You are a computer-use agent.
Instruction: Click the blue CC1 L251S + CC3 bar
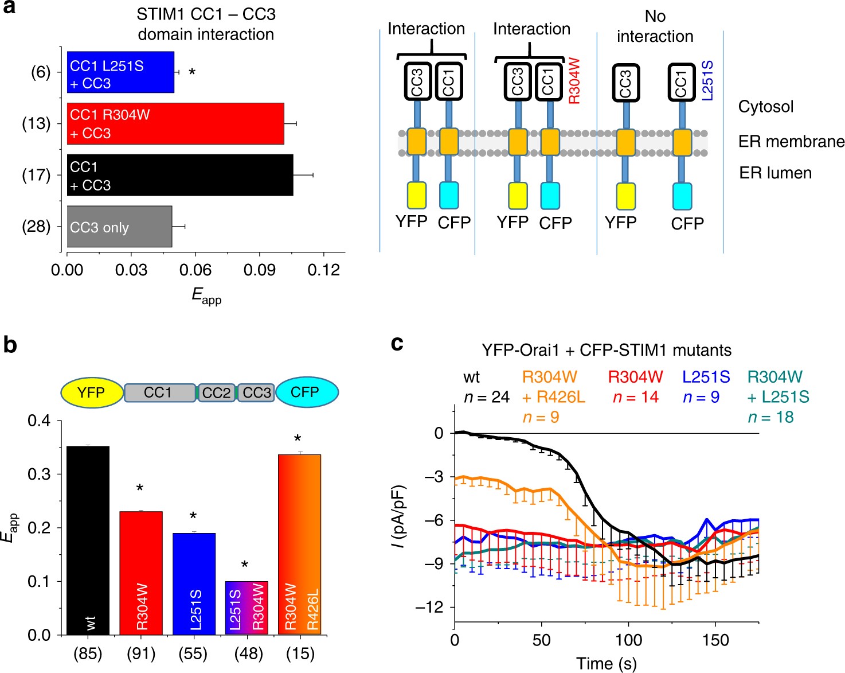pos(120,72)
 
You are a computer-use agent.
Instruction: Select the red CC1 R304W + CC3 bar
pos(175,124)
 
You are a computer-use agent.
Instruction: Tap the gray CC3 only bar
pos(119,227)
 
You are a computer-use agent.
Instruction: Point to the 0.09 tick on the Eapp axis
pos(260,270)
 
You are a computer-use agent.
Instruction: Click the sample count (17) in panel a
pos(36,175)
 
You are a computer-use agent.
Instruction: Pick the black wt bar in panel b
pos(88,540)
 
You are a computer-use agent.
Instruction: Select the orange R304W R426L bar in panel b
pos(299,544)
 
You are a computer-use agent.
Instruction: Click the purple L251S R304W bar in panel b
pos(247,608)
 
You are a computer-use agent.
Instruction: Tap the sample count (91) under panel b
pos(140,653)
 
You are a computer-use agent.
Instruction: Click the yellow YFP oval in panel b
pos(92,393)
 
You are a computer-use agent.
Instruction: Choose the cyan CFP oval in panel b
pos(307,393)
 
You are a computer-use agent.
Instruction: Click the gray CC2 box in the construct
pos(217,393)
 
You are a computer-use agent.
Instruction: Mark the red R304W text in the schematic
pos(574,81)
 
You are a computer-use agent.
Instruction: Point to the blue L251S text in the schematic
pos(708,81)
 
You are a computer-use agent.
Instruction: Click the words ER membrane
pos(791,142)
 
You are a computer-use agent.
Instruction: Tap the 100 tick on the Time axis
pos(628,640)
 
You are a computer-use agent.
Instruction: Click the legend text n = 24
pos(486,397)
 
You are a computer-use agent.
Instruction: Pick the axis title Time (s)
pos(607,663)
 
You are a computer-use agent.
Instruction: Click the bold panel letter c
pos(397,343)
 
